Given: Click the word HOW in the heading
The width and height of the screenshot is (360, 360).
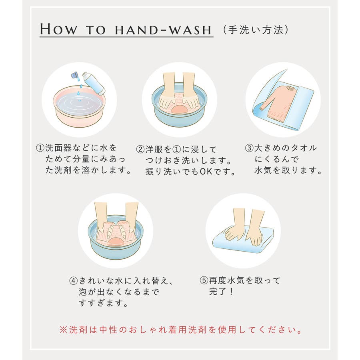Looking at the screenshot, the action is pyautogui.click(x=58, y=29).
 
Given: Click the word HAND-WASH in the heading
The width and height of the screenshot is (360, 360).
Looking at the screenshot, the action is pyautogui.click(x=163, y=30).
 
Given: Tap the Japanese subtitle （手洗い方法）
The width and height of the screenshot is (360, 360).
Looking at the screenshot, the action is pyautogui.click(x=255, y=30).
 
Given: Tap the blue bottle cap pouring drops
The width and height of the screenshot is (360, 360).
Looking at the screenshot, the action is pyautogui.click(x=74, y=75).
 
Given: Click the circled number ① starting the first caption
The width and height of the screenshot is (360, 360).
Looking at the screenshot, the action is pyautogui.click(x=40, y=148).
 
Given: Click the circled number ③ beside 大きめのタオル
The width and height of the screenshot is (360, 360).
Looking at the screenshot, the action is pyautogui.click(x=249, y=148).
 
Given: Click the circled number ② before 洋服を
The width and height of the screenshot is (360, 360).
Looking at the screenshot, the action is pyautogui.click(x=140, y=150).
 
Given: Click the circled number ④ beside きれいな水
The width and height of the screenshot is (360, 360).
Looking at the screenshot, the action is pyautogui.click(x=74, y=280).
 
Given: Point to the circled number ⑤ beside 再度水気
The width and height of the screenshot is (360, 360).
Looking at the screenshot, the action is pyautogui.click(x=204, y=280).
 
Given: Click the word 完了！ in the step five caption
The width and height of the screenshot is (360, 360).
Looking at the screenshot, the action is pyautogui.click(x=221, y=291).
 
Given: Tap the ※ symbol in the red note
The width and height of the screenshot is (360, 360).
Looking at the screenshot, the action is pyautogui.click(x=63, y=330).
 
